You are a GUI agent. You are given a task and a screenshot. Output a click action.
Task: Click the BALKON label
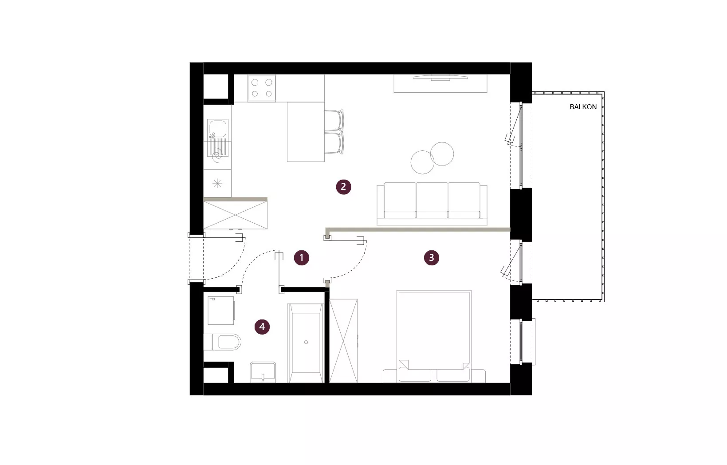pos(583,107)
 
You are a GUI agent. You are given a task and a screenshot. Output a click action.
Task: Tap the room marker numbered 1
pos(302,258)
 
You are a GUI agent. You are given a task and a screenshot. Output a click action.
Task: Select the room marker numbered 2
pos(343,187)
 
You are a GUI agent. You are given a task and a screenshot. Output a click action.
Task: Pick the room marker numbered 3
pos(431,258)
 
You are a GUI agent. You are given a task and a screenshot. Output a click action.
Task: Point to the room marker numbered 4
pos(262,327)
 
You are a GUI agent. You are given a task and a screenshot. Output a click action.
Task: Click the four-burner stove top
pos(262,88)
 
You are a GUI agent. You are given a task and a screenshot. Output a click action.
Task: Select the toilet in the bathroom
pos(223,342)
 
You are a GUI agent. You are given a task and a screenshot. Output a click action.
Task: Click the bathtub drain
pos(306,342)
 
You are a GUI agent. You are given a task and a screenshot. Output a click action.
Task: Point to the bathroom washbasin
pos(263,372)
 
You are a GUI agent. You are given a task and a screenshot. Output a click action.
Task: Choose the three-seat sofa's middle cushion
pos(432,200)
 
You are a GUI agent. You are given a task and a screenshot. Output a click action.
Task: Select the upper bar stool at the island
pos(334,121)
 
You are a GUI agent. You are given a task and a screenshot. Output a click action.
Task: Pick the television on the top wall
pos(440,77)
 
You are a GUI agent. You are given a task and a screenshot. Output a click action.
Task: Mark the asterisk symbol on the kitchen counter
pos(217,184)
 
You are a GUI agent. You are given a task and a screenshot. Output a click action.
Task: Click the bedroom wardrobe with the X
pos(343,341)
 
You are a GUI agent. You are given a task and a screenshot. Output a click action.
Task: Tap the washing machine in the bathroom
pos(221,311)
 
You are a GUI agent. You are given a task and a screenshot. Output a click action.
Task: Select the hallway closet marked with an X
pos(235,215)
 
